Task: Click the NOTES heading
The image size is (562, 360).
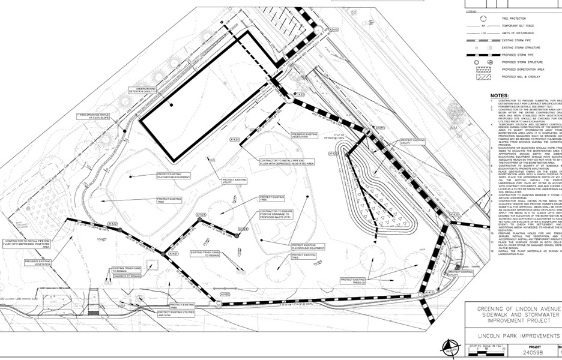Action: (x=500, y=95)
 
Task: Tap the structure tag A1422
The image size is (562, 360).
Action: (x=112, y=224)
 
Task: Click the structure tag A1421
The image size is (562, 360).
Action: (x=174, y=254)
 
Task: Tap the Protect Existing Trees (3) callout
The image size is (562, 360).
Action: (x=354, y=280)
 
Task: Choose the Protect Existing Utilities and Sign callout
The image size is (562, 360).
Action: (x=170, y=313)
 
